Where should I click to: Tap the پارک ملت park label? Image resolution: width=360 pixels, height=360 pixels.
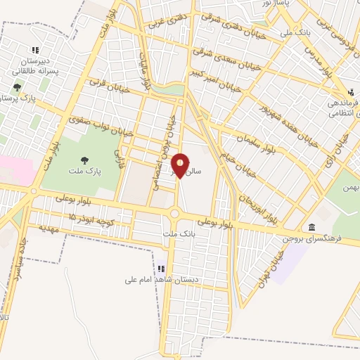(x=84, y=171)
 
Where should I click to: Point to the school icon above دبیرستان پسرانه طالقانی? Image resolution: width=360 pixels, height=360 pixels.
(x=36, y=50)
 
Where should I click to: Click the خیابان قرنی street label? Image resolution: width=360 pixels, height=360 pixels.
(x=106, y=85)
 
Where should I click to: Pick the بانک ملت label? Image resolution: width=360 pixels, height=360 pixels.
(x=176, y=233)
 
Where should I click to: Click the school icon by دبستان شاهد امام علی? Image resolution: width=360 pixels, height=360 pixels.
(x=162, y=269)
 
